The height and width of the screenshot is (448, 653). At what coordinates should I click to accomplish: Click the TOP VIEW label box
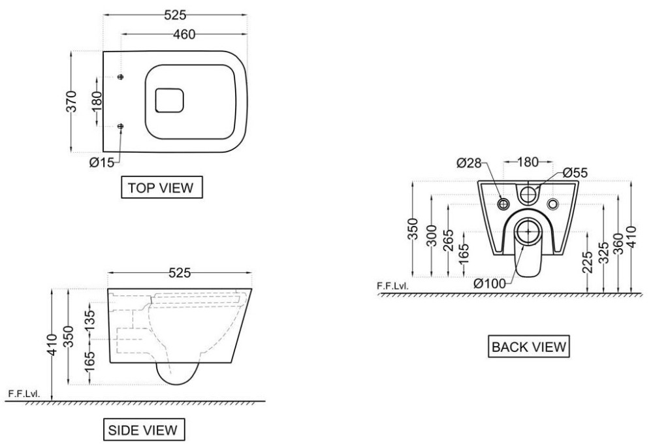tap(161, 188)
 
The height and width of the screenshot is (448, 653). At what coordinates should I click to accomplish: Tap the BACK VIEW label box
tap(530, 347)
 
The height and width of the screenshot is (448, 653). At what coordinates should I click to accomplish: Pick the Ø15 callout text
tap(101, 162)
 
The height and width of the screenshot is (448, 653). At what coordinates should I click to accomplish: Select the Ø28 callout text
tap(470, 163)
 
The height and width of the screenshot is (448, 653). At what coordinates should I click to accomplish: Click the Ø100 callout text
tap(490, 283)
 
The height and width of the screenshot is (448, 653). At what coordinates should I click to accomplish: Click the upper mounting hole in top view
tap(121, 78)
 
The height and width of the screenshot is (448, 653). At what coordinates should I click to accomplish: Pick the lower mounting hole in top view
tap(121, 125)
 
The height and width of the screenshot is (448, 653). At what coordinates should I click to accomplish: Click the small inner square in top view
tap(169, 102)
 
